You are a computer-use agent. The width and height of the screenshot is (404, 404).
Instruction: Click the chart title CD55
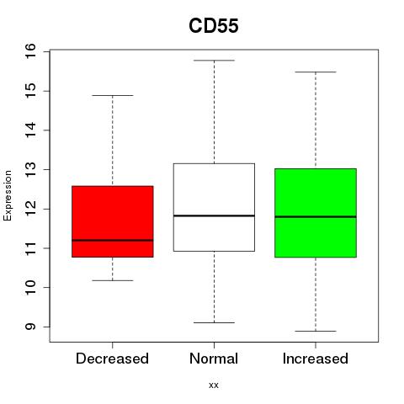[x=214, y=26]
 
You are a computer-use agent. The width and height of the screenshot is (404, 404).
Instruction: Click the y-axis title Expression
[x=8, y=195]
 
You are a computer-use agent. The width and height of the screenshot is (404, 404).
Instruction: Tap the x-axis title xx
[x=214, y=385]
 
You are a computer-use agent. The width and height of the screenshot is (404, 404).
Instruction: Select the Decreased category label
[x=112, y=359]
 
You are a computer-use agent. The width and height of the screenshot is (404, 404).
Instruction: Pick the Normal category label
[x=214, y=359]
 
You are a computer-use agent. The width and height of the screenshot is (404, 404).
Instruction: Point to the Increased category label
[x=316, y=359]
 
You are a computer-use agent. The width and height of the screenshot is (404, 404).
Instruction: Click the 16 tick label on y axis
[x=30, y=51]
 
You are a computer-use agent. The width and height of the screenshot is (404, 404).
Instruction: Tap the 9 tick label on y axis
[x=30, y=327]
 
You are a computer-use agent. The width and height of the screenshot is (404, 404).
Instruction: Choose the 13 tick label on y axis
[x=30, y=169]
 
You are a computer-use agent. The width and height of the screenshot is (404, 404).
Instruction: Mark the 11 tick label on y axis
[x=30, y=248]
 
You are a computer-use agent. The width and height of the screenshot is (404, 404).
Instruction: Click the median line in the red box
[x=113, y=240]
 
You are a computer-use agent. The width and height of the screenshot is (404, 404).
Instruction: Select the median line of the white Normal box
[x=214, y=215]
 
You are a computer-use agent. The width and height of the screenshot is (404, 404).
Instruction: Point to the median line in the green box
[x=316, y=216]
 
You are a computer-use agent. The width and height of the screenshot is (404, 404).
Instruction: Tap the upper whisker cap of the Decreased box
[x=113, y=95]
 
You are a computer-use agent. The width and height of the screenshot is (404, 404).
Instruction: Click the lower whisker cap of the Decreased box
[x=113, y=280]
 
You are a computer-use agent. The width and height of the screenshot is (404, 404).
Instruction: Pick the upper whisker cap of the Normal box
[x=214, y=61]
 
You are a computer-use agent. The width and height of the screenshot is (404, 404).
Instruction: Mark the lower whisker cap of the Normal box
[x=214, y=322]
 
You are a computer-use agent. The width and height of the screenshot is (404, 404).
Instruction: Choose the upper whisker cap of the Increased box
[x=316, y=72]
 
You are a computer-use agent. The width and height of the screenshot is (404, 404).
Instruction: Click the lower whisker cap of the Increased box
[x=316, y=331]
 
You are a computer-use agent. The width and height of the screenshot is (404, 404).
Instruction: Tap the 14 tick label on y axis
[x=30, y=130]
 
